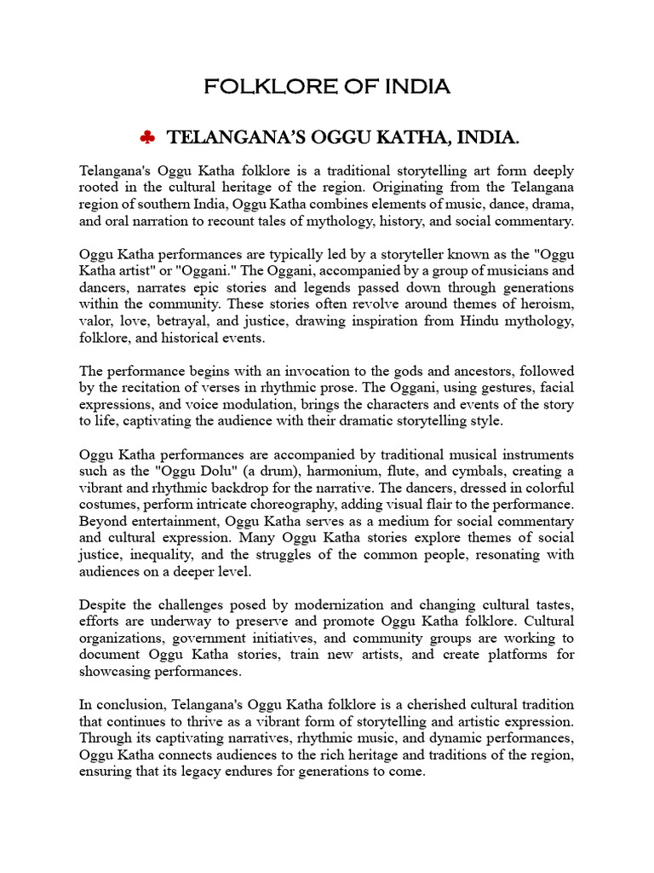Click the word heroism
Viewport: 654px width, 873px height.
click(x=545, y=304)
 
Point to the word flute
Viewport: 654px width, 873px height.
click(x=380, y=471)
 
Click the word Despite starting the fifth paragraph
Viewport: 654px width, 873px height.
click(x=104, y=604)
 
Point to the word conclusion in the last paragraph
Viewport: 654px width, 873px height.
click(x=129, y=704)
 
